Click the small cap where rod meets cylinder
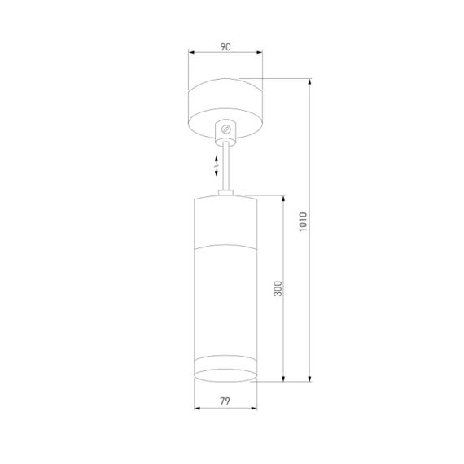[227, 194]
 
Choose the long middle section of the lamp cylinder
[225, 301]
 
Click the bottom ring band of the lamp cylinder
[225, 369]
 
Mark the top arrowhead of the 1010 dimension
[309, 81]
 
